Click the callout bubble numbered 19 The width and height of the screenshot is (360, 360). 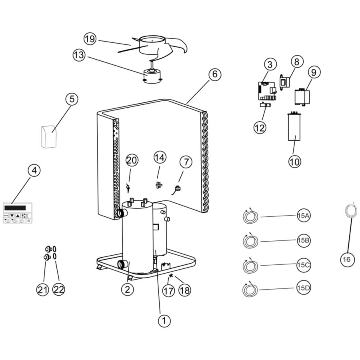click(90, 39)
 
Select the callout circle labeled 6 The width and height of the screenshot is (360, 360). click(214, 74)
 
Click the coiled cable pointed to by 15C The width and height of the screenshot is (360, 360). click(251, 266)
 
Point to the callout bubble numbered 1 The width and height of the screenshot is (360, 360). click(163, 320)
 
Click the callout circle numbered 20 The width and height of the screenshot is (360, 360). click(132, 161)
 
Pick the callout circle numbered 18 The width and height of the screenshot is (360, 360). click(184, 290)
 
